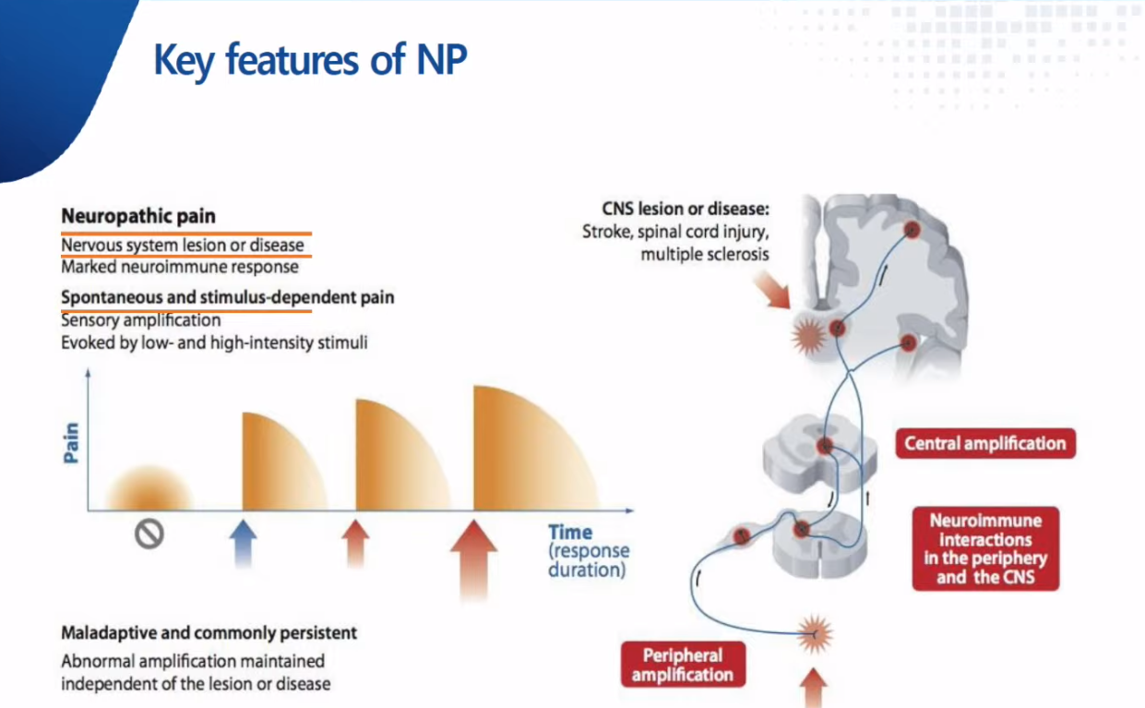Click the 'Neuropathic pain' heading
pos(138,216)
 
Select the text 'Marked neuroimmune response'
pos(179,267)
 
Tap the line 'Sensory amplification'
pos(140,320)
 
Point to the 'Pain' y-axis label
pos(72,442)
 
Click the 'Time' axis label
pos(570,533)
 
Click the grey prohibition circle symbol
pos(149,534)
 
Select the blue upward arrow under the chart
pos(243,544)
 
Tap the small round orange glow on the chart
pos(149,488)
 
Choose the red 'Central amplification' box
pos(985,443)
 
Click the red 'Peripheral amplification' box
pos(683,665)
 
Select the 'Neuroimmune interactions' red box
pos(985,549)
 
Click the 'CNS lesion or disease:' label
pos(685,209)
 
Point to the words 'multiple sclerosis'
pos(705,254)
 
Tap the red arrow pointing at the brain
pos(772,290)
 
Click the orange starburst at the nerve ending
pos(815,635)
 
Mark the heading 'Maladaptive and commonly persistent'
pos(209,633)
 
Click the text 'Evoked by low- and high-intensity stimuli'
pos(214,342)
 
